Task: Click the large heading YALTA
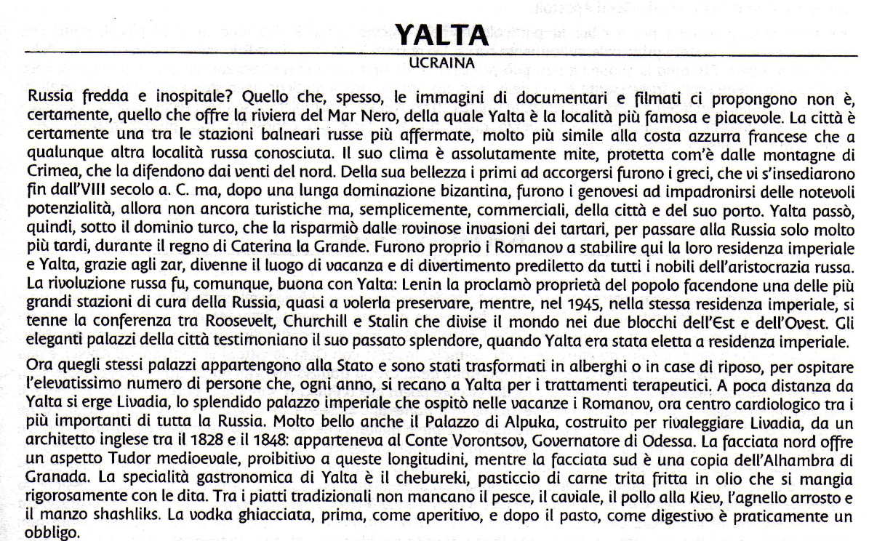click(441, 33)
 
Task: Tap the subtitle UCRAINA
click(441, 63)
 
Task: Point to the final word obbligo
click(52, 533)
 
